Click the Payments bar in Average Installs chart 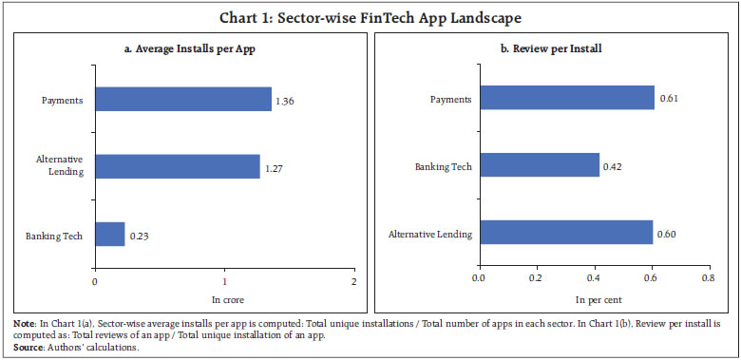(182, 99)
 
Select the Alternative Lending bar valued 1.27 (177, 166)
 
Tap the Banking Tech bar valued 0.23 (109, 234)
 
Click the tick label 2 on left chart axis (353, 282)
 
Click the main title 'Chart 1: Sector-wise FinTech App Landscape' (370, 18)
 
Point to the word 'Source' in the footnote (27, 346)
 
